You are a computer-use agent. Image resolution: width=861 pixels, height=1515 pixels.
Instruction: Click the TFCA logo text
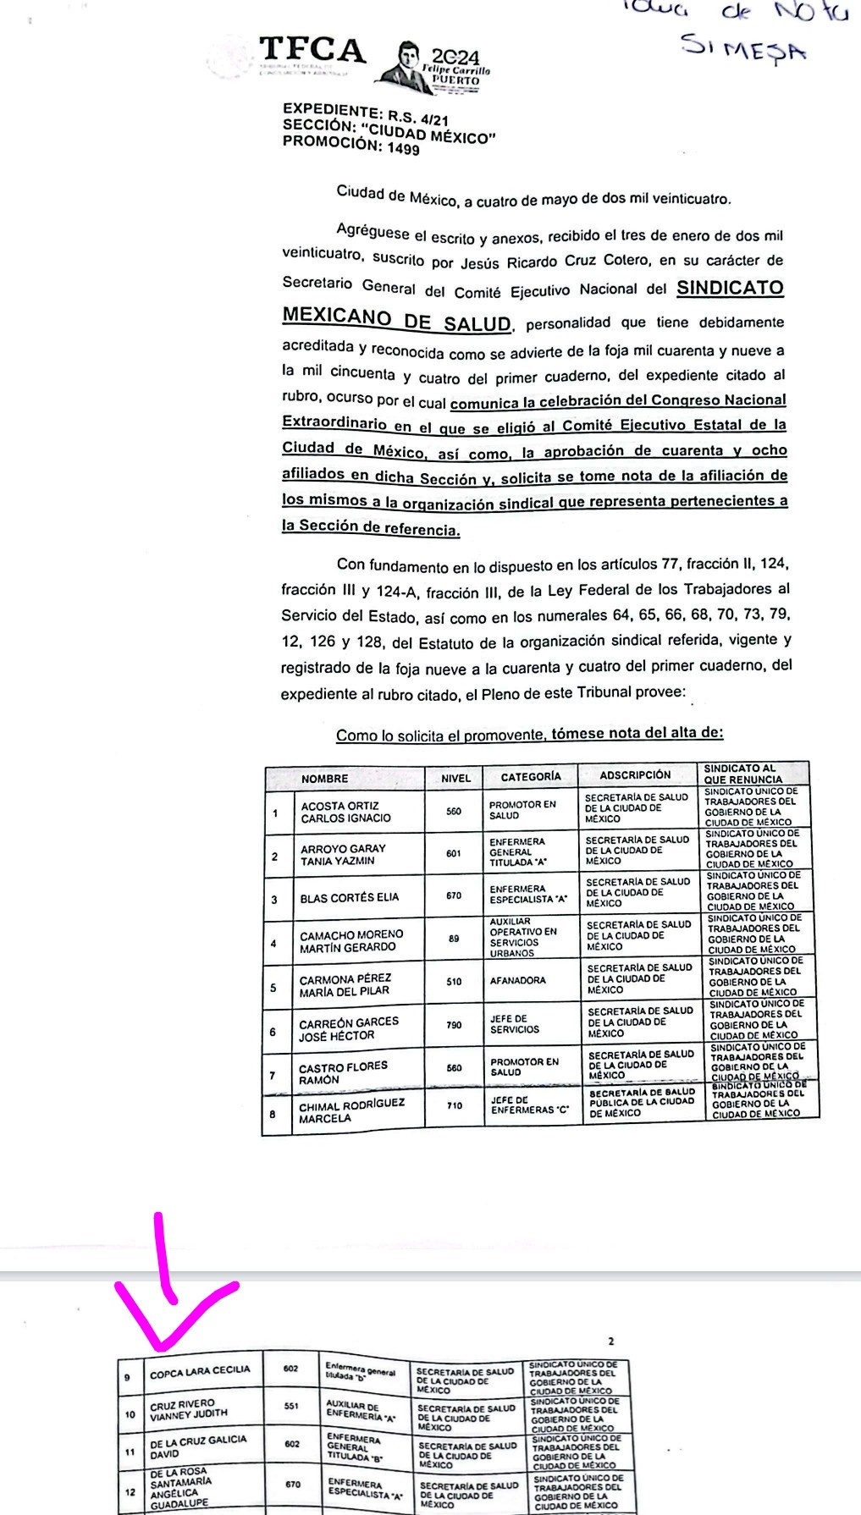pos(312,50)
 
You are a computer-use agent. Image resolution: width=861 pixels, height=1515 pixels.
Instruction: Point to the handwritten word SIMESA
pos(743,48)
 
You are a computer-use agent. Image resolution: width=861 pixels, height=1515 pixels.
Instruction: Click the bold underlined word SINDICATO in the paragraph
pos(730,288)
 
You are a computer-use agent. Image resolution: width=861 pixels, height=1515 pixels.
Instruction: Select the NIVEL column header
pos(455,777)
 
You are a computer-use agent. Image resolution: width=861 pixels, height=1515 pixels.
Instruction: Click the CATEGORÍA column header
pos(530,776)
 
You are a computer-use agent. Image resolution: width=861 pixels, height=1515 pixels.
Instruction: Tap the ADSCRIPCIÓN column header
pos(634,774)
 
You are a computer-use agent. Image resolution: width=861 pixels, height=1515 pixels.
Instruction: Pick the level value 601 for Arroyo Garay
pos(454,853)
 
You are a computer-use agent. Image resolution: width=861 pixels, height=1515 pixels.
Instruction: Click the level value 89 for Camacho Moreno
pos(455,939)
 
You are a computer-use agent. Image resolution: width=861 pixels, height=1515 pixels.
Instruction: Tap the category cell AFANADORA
pos(517,981)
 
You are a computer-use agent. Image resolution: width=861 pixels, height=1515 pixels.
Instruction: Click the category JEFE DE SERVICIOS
pos(514,1024)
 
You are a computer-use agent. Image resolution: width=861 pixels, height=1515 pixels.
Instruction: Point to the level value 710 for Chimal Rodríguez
pos(455,1105)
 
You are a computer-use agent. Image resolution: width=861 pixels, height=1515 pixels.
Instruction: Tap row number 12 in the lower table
pos(130,1491)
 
